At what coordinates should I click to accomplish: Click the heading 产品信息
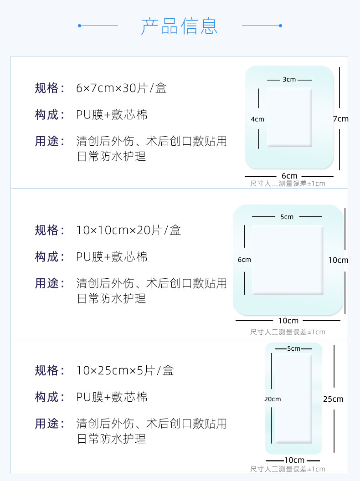pyautogui.click(x=180, y=26)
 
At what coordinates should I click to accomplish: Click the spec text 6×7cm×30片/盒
pyautogui.click(x=121, y=88)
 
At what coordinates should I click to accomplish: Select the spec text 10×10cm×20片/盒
pyautogui.click(x=129, y=230)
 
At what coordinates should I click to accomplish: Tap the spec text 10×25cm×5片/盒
pyautogui.click(x=125, y=370)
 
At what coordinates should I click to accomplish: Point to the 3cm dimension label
pyautogui.click(x=289, y=80)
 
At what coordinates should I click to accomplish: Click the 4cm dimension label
pyautogui.click(x=257, y=119)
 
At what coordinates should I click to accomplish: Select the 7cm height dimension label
pyautogui.click(x=340, y=119)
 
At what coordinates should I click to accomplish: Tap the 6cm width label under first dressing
pyautogui.click(x=289, y=176)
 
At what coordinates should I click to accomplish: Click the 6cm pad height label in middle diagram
pyautogui.click(x=244, y=260)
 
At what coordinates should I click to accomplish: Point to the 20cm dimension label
pyautogui.click(x=273, y=399)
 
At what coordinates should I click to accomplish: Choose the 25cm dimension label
pyautogui.click(x=333, y=399)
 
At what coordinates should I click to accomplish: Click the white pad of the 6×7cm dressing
pyautogui.click(x=289, y=117)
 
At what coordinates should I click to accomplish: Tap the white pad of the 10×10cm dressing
pyautogui.click(x=287, y=260)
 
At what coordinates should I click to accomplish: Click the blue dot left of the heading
pyautogui.click(x=79, y=26)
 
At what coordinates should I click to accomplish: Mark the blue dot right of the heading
pyautogui.click(x=280, y=26)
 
